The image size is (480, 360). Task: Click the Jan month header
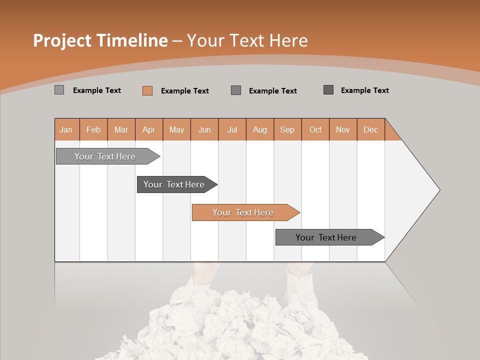pyautogui.click(x=66, y=129)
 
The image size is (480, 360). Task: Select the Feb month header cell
pyautogui.click(x=93, y=129)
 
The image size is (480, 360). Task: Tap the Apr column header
pyautogui.click(x=149, y=129)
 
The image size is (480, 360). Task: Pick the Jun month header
pyautogui.click(x=204, y=129)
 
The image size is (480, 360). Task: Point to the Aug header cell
pyautogui.click(x=260, y=129)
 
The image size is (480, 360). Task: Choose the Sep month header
pyautogui.click(x=287, y=129)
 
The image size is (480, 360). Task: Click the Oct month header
pyautogui.click(x=315, y=129)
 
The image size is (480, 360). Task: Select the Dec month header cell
pyautogui.click(x=371, y=129)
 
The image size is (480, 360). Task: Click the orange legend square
pyautogui.click(x=147, y=90)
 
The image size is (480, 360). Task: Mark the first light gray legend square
pyautogui.click(x=59, y=90)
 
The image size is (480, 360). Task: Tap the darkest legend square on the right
pyautogui.click(x=328, y=90)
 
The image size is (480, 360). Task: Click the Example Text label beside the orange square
pyautogui.click(x=185, y=91)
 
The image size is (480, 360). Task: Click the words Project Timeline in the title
pyautogui.click(x=100, y=40)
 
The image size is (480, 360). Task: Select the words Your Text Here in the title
pyautogui.click(x=247, y=40)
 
